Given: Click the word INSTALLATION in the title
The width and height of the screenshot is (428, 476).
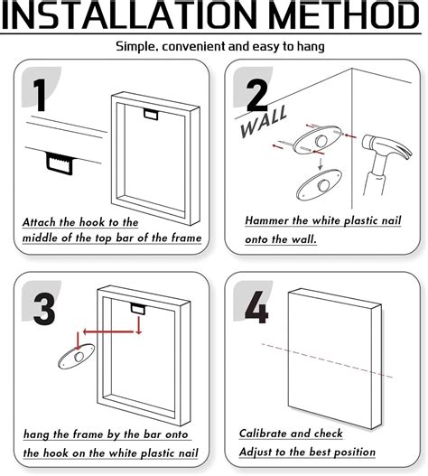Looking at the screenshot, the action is [x=128, y=14].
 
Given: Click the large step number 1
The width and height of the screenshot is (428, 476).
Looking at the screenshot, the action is [x=40, y=96].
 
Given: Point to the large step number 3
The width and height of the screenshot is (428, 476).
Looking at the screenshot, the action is [x=44, y=309].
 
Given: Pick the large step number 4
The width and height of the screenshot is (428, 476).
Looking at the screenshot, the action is [x=256, y=307].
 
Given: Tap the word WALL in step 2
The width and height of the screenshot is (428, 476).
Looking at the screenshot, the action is [x=263, y=122].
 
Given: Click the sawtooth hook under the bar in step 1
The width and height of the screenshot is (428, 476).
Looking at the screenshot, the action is [x=60, y=163].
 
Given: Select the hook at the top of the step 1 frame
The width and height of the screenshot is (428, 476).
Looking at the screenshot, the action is [x=151, y=114].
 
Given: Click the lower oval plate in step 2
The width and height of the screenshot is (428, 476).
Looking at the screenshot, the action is [x=319, y=185].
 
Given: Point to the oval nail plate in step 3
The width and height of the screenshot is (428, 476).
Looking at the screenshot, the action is [x=76, y=357].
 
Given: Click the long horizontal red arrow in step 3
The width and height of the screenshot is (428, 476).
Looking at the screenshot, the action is [x=108, y=331].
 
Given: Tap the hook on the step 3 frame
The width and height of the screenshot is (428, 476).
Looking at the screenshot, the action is [x=138, y=309].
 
